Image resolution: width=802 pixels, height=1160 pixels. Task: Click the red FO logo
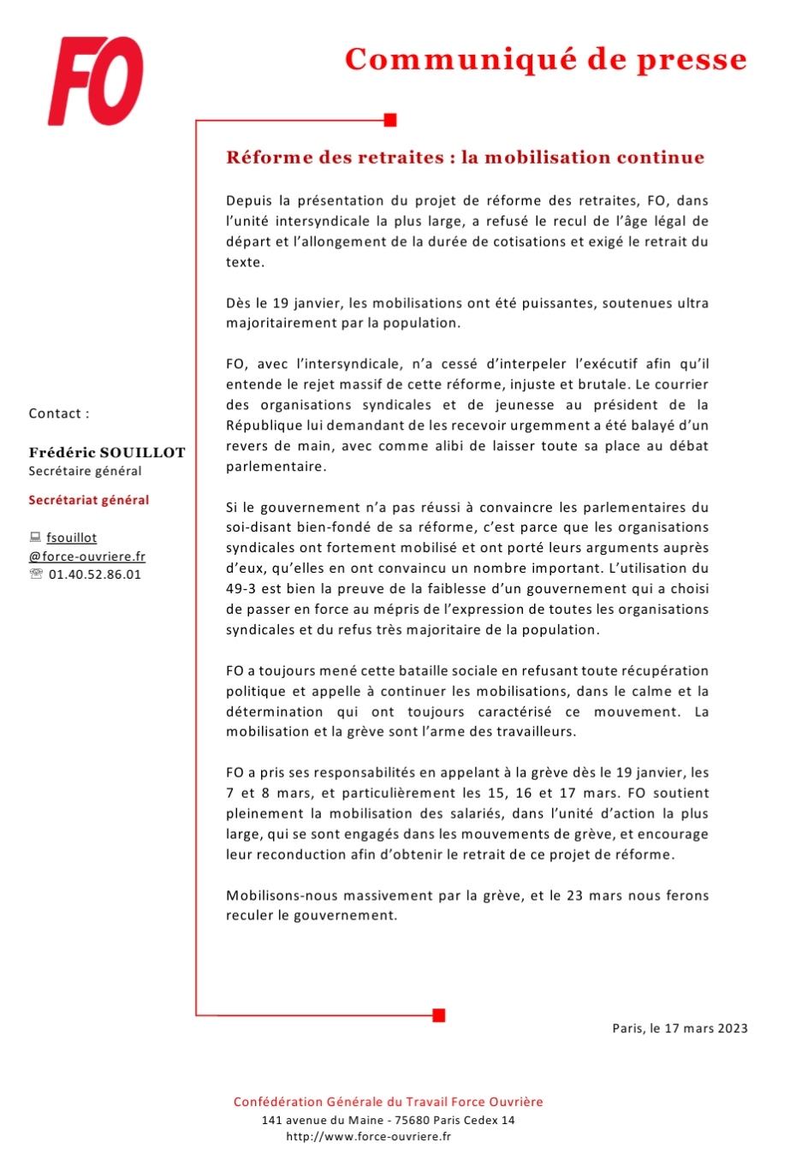[95, 81]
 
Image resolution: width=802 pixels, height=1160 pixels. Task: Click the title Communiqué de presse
[546, 59]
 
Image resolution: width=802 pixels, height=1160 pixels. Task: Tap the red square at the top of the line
[390, 120]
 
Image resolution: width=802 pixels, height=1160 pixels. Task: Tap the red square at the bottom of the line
[439, 1015]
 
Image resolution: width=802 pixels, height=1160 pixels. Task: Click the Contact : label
[59, 413]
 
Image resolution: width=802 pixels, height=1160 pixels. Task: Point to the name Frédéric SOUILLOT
[107, 452]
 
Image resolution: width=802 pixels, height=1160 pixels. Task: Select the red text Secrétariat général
[89, 500]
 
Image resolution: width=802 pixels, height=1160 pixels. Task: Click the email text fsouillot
[72, 538]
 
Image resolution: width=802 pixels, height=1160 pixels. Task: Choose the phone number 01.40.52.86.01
[95, 574]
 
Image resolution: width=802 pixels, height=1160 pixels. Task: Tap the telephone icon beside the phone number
[36, 574]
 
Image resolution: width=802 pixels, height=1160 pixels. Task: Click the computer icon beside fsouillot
[35, 537]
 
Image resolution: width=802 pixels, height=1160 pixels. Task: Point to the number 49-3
[241, 589]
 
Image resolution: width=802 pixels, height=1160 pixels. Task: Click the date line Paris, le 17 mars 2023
[680, 1028]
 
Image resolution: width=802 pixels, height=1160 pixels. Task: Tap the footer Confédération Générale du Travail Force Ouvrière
[388, 1102]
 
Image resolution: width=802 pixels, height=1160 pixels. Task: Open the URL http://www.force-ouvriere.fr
[368, 1137]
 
